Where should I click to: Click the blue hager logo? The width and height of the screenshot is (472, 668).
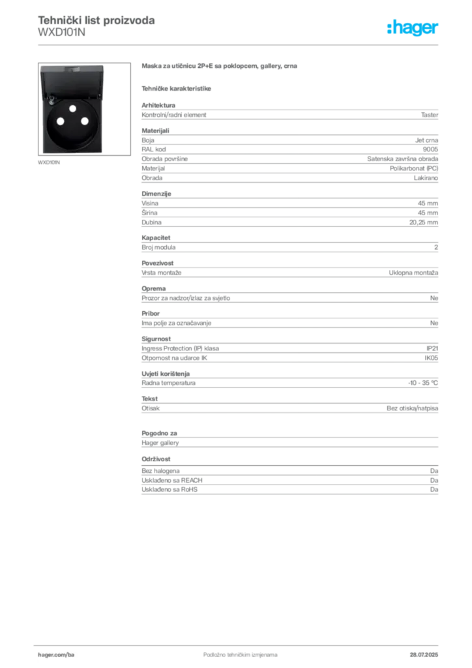[x=413, y=29]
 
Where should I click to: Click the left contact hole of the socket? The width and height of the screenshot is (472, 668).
[x=60, y=121]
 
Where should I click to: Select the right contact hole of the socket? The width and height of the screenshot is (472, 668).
[x=84, y=121]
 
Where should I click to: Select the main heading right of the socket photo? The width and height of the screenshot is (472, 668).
[x=221, y=67]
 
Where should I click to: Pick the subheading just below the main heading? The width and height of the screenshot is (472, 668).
[x=177, y=87]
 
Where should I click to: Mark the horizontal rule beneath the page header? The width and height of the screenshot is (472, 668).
[x=239, y=44]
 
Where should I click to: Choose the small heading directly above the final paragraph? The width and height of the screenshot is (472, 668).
[x=156, y=459]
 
